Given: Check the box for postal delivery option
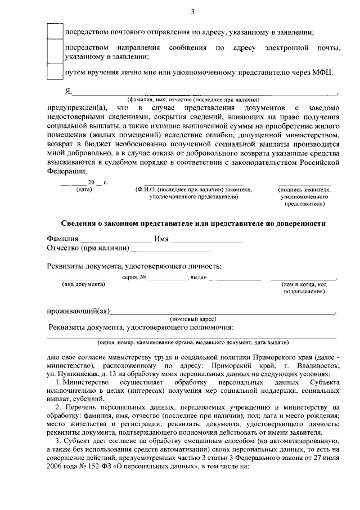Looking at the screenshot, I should point(54,30).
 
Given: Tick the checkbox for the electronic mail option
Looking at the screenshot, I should point(54,51).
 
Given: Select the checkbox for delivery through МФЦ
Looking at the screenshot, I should point(54,73).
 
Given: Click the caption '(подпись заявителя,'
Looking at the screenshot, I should point(305,190).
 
